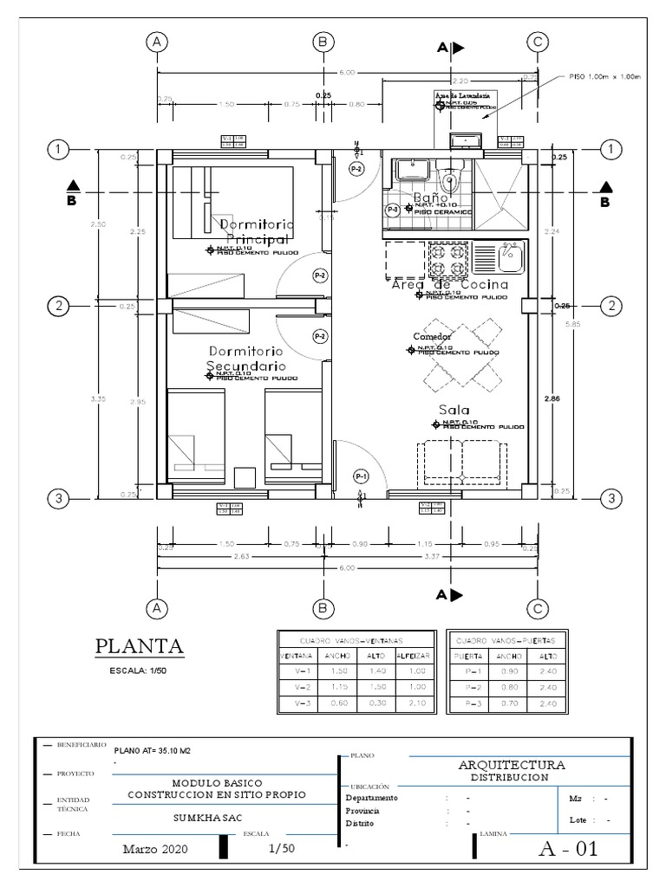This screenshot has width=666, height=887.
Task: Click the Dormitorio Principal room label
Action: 257,231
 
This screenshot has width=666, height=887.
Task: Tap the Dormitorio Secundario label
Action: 245,359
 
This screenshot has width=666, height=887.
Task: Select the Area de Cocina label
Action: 443,285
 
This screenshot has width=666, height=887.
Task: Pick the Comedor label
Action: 432,336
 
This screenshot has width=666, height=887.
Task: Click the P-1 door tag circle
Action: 362,476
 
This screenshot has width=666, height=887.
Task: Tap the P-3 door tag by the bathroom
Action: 392,209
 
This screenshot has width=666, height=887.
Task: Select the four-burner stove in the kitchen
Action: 447,256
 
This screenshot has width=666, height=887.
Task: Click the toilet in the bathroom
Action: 448,183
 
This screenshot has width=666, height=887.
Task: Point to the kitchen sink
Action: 508,256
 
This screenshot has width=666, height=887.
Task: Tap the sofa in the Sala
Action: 462,463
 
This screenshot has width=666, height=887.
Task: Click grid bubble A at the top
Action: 157,42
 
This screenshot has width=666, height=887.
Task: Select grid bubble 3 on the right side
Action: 611,498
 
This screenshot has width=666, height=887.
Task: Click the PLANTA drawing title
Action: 139,645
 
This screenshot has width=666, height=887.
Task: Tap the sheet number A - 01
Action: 568,849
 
